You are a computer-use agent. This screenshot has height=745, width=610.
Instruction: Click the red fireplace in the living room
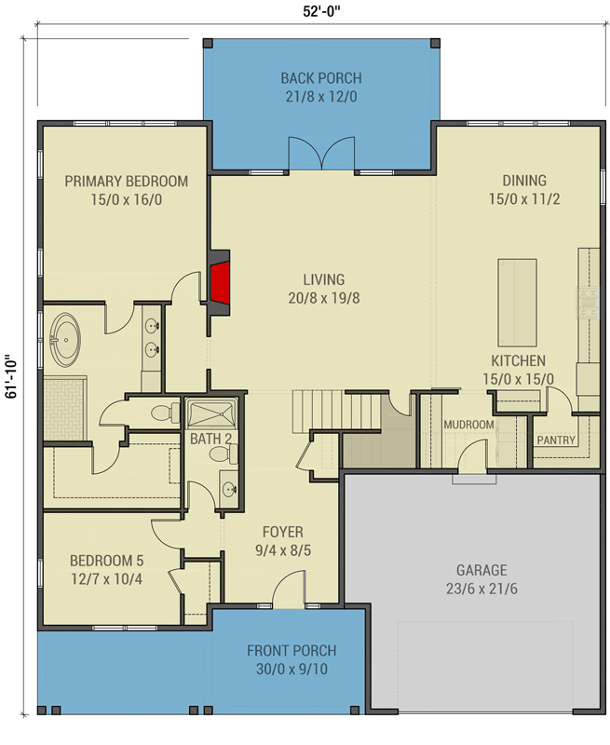coord(220,283)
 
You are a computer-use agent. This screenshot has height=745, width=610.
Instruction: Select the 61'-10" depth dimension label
coord(11,376)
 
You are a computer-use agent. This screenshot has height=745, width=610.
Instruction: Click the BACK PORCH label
coord(320,78)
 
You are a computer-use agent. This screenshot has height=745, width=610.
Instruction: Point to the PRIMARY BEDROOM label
coord(126,182)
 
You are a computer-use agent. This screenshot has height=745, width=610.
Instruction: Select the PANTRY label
coord(556,440)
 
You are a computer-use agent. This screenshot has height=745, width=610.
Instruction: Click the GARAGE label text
coord(481,570)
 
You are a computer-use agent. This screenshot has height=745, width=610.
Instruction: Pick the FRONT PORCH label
coord(291,651)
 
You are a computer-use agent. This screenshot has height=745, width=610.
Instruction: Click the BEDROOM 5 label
coord(107,561)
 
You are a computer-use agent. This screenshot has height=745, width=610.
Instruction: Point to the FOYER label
coord(282,532)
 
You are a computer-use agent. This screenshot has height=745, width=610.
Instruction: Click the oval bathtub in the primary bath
coord(65,340)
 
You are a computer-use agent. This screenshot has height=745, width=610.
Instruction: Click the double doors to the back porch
coord(321,155)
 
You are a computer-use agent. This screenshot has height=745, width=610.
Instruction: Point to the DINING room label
coord(524,181)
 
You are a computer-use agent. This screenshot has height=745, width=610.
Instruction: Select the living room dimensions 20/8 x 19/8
coord(323,298)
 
